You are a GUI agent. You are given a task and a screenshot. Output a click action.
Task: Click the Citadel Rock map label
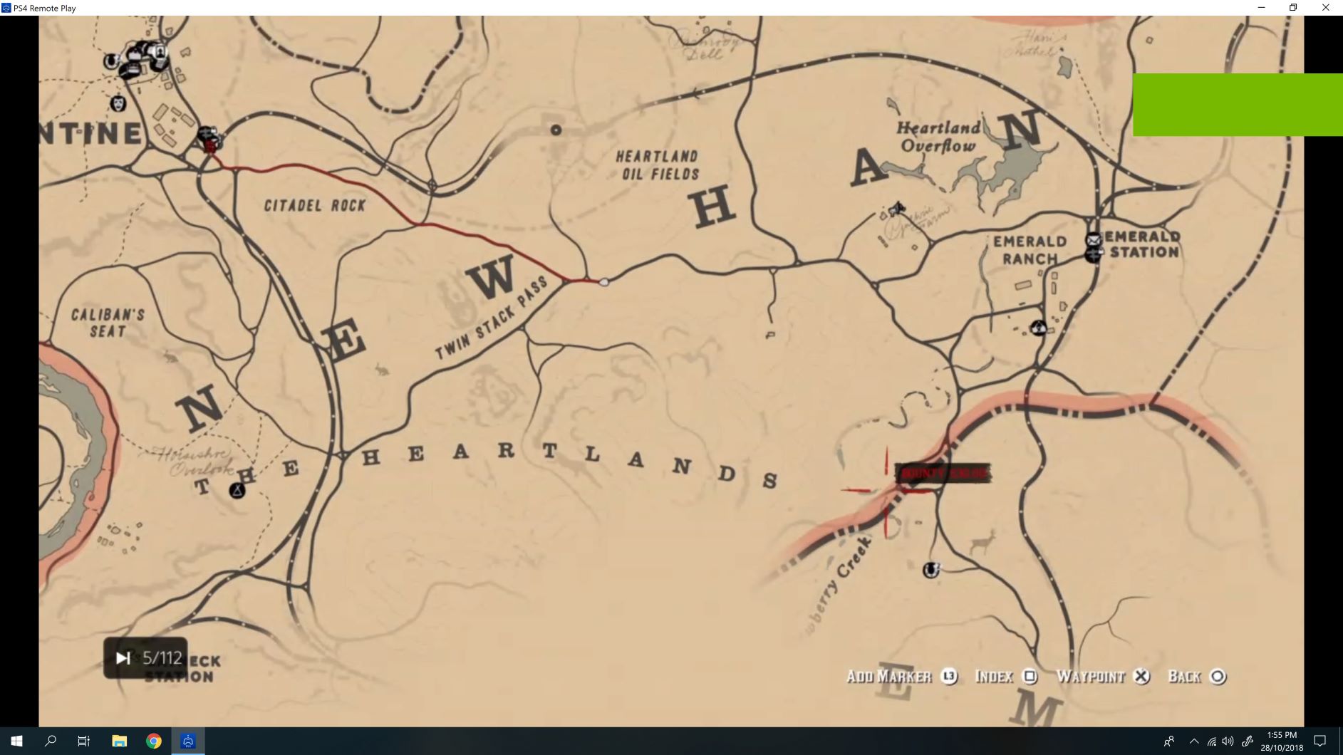pos(314,206)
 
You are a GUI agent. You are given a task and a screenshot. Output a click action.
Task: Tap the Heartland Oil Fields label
pos(657,165)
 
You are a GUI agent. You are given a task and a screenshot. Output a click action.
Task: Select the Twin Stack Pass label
pos(491,318)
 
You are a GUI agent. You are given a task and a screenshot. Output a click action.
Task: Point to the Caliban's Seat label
pos(108,323)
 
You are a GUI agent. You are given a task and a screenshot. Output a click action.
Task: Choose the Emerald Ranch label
pos(1030,250)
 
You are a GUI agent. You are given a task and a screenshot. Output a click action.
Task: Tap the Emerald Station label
pos(1144,244)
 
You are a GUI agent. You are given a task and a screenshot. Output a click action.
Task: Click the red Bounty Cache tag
pos(943,473)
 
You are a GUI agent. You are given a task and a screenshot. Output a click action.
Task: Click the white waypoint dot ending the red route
pos(604,283)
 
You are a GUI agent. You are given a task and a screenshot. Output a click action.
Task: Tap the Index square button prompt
pos(1005,677)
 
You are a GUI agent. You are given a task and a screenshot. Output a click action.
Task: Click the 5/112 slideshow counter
pos(147,658)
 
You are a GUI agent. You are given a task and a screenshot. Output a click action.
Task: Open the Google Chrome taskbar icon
pos(153,741)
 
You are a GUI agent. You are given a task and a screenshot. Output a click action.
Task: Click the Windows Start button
pos(16,741)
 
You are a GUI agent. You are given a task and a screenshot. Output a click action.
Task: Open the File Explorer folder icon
pos(119,741)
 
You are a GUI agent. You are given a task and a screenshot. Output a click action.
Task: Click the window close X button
pos(1325,8)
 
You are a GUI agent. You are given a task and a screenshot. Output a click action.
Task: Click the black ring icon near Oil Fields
pos(556,130)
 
